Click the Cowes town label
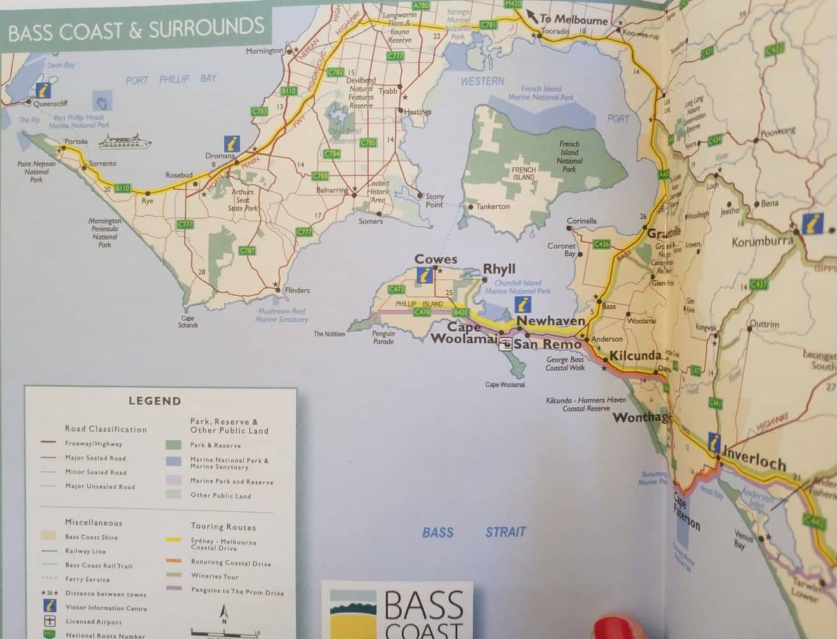click(436, 259)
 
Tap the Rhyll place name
click(499, 270)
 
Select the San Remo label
click(548, 345)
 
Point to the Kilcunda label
click(635, 356)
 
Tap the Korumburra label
click(762, 242)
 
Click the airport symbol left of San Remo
click(505, 345)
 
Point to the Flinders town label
click(296, 291)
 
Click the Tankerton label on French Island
click(493, 206)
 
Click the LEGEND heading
click(155, 401)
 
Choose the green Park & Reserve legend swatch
click(173, 445)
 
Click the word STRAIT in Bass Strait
click(505, 532)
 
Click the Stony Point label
click(434, 201)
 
